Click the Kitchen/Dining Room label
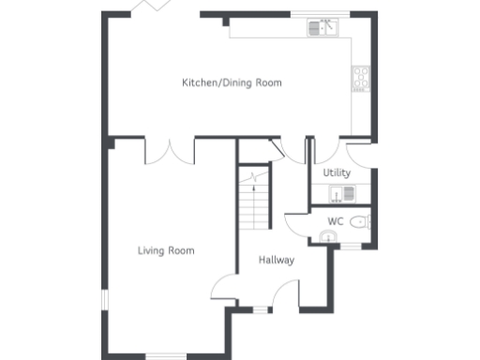[x=232, y=82]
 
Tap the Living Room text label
[x=166, y=250]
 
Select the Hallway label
[x=277, y=260]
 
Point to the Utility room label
[x=337, y=172]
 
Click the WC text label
[x=336, y=221]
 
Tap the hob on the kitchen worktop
[x=361, y=79]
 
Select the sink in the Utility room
[x=342, y=193]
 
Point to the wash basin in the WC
[x=327, y=237]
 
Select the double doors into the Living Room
[x=170, y=150]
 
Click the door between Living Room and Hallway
[x=223, y=287]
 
